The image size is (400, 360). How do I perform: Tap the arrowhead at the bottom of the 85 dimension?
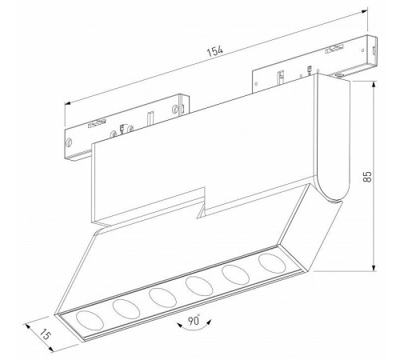click(374, 268)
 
